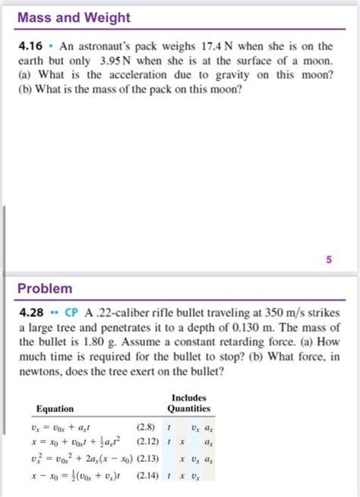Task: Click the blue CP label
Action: pyautogui.click(x=72, y=312)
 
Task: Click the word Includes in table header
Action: pyautogui.click(x=188, y=398)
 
